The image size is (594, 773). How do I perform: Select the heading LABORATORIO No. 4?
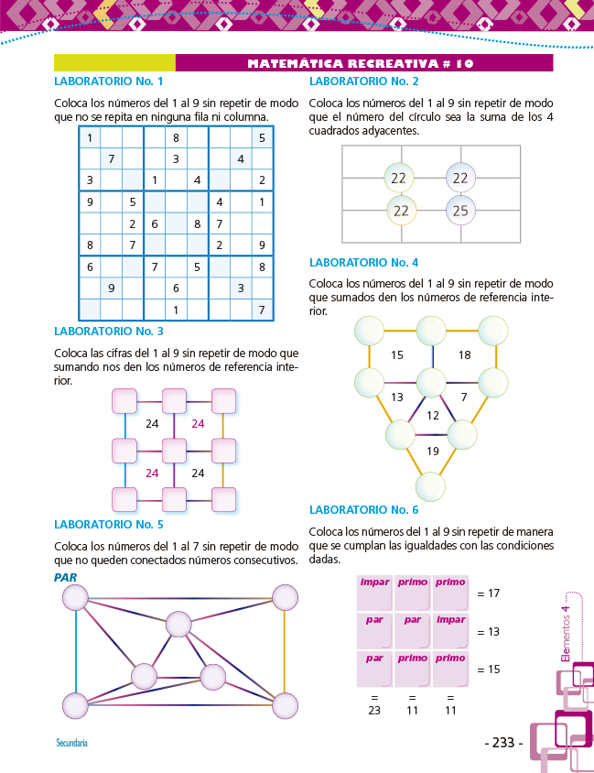[364, 262]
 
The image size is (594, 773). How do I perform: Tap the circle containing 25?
[460, 212]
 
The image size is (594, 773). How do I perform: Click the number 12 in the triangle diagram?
[433, 416]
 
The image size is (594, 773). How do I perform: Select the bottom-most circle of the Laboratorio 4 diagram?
[431, 485]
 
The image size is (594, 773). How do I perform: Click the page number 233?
[503, 743]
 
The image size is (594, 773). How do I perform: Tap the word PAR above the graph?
[65, 577]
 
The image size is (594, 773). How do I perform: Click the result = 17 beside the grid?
[488, 593]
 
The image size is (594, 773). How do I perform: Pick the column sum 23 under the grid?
[374, 709]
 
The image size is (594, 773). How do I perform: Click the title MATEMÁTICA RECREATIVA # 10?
[361, 63]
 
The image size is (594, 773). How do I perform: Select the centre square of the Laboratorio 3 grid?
[174, 450]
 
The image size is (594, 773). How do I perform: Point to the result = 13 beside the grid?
[488, 631]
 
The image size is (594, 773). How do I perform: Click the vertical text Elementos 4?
[566, 632]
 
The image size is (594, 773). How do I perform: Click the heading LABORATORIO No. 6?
[364, 509]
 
